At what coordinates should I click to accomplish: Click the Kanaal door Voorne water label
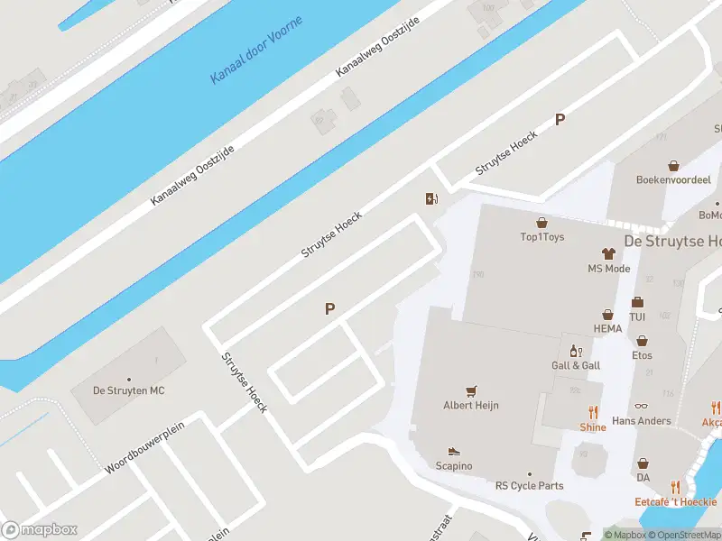click(x=256, y=50)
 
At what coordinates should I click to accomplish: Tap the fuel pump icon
click(x=432, y=199)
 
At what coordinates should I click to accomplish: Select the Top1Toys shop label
click(x=542, y=237)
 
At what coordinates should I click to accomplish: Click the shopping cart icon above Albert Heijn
click(x=470, y=390)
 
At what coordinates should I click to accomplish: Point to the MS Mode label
click(x=609, y=269)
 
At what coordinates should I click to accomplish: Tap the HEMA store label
click(x=608, y=329)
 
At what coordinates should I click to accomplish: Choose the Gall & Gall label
click(x=576, y=365)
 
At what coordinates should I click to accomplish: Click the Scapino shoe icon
click(x=454, y=451)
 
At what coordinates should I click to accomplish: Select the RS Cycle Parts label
click(x=529, y=486)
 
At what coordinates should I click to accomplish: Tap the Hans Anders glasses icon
click(x=642, y=407)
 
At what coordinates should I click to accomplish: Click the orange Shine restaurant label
click(x=593, y=427)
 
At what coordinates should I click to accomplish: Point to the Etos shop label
click(x=642, y=355)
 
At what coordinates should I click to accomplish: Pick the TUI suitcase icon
click(x=637, y=302)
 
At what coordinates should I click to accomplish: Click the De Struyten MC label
click(x=129, y=390)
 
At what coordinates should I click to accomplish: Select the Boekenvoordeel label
click(x=673, y=180)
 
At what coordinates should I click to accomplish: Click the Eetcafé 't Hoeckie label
click(x=675, y=501)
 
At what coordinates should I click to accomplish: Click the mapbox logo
click(x=39, y=529)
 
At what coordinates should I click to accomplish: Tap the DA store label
click(x=643, y=477)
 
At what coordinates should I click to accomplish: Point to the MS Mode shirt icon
click(x=609, y=254)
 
